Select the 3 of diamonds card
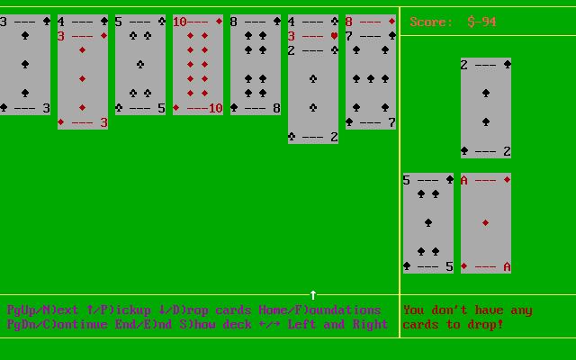coord(83,81)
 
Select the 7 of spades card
coord(371,81)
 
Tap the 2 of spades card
coord(486,108)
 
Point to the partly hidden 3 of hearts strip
coord(313,36)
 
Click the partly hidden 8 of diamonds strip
coord(371,21)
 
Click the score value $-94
coord(482,22)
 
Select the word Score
coord(431,22)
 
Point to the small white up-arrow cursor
coord(313,294)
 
